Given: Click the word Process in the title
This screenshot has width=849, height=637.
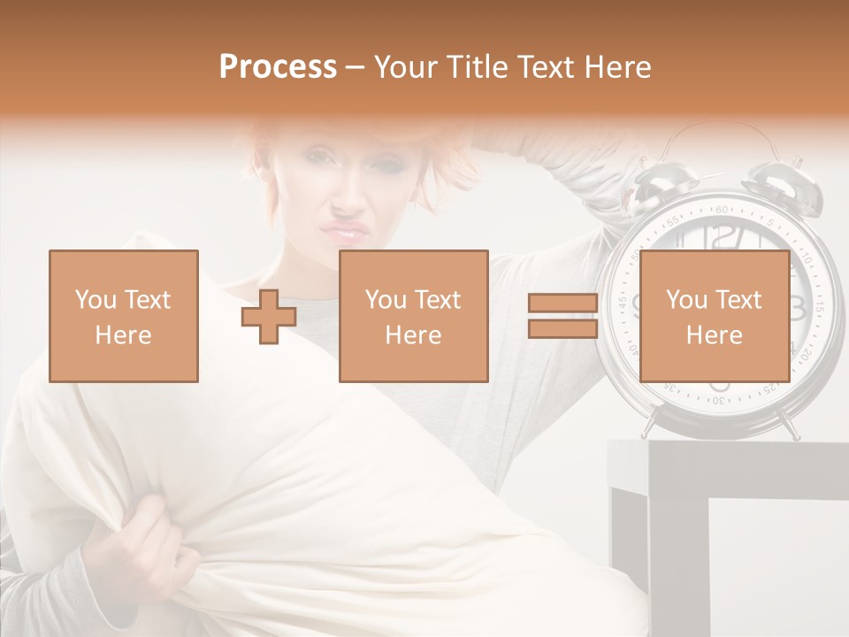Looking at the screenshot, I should tap(278, 67).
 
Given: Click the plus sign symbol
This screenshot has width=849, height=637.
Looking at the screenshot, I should tap(269, 316).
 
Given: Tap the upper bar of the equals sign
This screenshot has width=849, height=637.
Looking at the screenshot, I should tap(562, 303).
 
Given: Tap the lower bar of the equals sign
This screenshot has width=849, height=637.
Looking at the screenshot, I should tap(562, 328).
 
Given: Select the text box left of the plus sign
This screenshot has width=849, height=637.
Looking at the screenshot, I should tap(124, 316).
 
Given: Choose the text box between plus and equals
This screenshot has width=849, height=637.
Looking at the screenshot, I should tap(413, 316).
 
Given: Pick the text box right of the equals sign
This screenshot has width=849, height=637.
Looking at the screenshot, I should tap(714, 316).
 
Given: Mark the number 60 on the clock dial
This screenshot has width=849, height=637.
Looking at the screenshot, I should tap(723, 211).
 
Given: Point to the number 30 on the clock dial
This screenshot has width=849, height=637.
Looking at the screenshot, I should tap(722, 400).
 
